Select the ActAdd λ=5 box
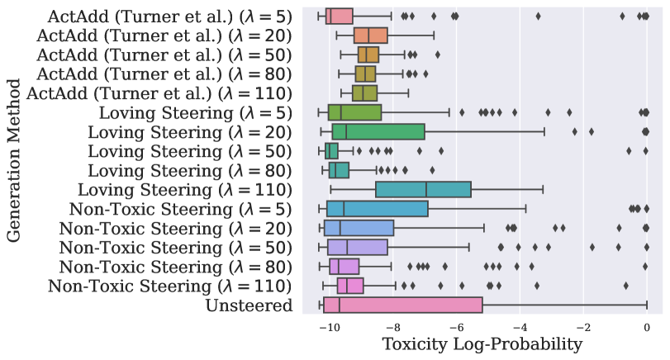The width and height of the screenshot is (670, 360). click(x=340, y=16)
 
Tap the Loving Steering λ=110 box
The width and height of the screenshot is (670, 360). click(x=423, y=189)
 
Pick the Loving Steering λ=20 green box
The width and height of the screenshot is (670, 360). click(x=378, y=131)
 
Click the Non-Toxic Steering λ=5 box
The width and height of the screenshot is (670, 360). click(x=377, y=208)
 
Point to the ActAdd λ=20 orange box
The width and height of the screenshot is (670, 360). click(x=371, y=36)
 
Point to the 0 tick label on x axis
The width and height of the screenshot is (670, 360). click(x=647, y=326)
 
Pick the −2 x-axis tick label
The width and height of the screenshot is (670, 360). click(x=582, y=326)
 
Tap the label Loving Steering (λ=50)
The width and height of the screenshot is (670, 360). click(x=190, y=150)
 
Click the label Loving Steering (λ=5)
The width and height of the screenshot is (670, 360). click(x=195, y=112)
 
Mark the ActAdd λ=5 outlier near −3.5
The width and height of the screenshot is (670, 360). click(x=538, y=16)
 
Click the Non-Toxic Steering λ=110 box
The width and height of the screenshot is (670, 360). click(x=350, y=286)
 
